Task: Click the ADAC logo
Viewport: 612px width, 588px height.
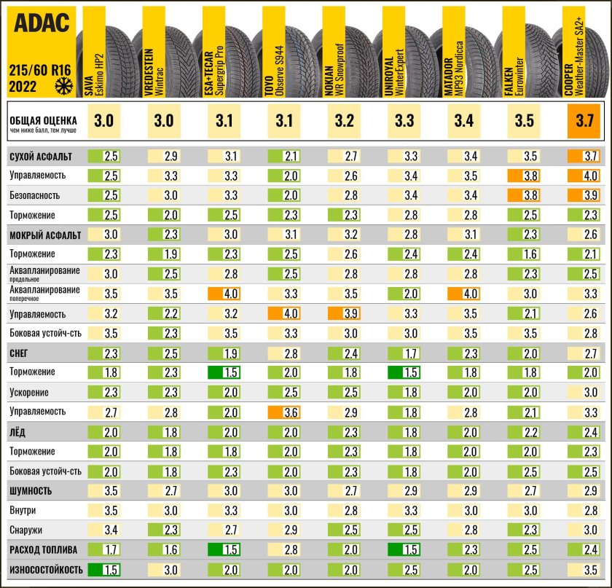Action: pos(41,25)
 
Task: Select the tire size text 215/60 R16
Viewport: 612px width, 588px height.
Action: pos(39,71)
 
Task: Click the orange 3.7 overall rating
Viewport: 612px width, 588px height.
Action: pos(584,121)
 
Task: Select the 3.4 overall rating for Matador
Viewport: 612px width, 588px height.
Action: pos(463,121)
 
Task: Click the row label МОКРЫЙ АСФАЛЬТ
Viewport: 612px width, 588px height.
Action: pos(44,235)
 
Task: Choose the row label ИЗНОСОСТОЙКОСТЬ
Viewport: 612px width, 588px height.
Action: pos(46,569)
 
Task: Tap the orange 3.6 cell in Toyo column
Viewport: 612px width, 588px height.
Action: pos(284,412)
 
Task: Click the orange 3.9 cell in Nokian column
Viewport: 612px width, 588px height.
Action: pos(344,314)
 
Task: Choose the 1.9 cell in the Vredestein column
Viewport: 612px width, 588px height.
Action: pos(164,254)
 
